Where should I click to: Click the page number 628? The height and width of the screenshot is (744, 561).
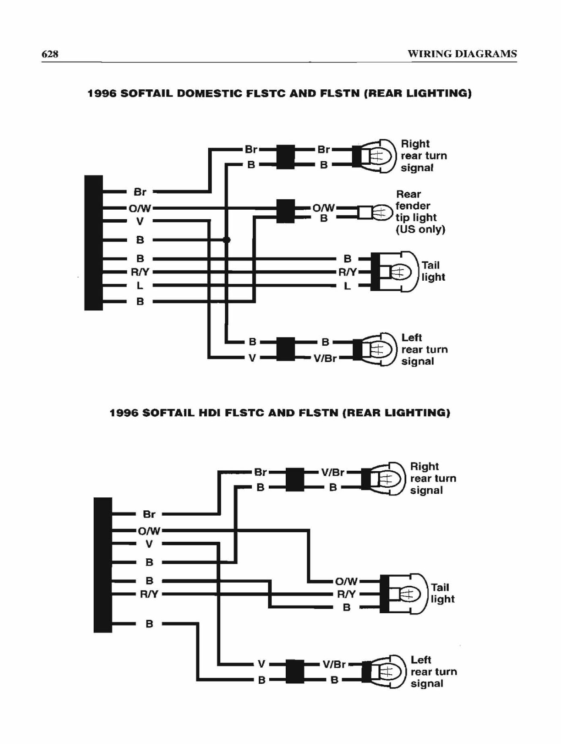(x=50, y=54)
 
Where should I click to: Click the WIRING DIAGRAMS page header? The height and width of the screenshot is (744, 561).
(x=462, y=54)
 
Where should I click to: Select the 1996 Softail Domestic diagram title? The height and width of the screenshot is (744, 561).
(x=280, y=93)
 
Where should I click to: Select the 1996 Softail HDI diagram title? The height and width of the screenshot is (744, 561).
(x=280, y=412)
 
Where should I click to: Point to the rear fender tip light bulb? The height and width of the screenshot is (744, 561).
(x=375, y=212)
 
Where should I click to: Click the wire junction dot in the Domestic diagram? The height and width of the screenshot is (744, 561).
(x=226, y=240)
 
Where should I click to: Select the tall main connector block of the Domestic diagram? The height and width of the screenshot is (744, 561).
(x=94, y=243)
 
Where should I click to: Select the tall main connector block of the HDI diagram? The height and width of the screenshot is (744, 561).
(x=103, y=565)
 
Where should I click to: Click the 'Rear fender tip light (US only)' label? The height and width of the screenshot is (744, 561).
(x=420, y=212)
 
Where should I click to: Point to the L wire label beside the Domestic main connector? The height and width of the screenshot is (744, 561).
(x=140, y=286)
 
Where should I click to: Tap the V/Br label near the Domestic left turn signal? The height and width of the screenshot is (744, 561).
(x=325, y=359)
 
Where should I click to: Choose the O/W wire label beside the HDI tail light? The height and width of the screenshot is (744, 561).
(x=347, y=581)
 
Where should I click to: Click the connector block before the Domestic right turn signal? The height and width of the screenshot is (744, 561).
(x=286, y=157)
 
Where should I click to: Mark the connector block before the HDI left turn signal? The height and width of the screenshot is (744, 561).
(x=295, y=672)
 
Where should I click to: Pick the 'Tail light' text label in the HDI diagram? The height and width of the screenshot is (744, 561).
(x=443, y=593)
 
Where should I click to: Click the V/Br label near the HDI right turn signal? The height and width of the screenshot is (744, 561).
(x=333, y=472)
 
